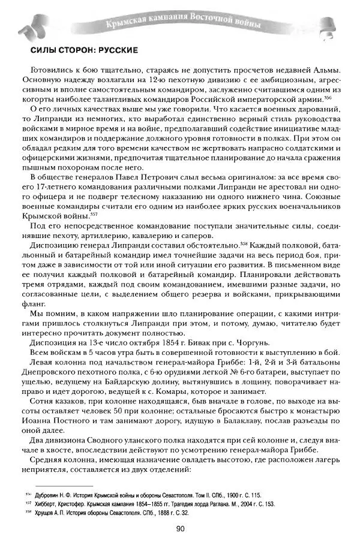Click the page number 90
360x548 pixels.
(x=180, y=528)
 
